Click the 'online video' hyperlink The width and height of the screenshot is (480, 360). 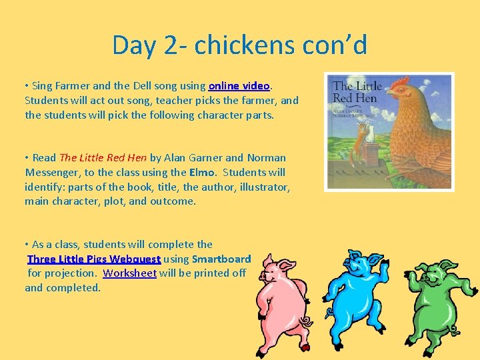pos(239,86)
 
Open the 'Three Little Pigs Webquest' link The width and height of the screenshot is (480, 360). pos(94,259)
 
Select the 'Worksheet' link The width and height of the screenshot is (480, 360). pos(129,273)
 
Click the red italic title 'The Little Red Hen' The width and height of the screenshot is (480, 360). pos(103,158)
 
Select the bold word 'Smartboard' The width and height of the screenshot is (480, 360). pos(221,259)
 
